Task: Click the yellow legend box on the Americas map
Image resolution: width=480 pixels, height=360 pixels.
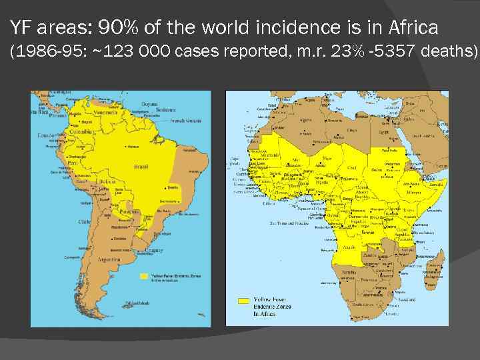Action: pyautogui.click(x=143, y=275)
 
